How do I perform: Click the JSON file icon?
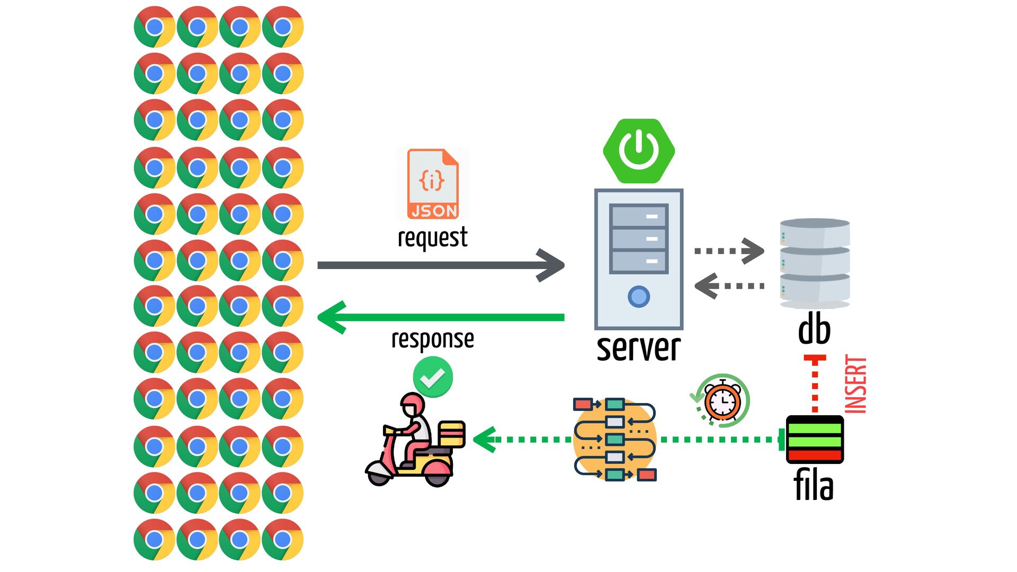click(433, 184)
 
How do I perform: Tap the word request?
click(432, 237)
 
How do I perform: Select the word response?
click(432, 339)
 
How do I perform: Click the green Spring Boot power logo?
click(639, 151)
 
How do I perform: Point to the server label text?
click(638, 348)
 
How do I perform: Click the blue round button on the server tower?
click(639, 297)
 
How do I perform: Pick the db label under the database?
click(814, 329)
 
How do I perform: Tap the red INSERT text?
click(855, 385)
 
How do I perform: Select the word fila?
click(814, 486)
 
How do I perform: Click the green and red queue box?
click(815, 440)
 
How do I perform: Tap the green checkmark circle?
click(433, 377)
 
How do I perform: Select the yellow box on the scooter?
click(451, 434)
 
